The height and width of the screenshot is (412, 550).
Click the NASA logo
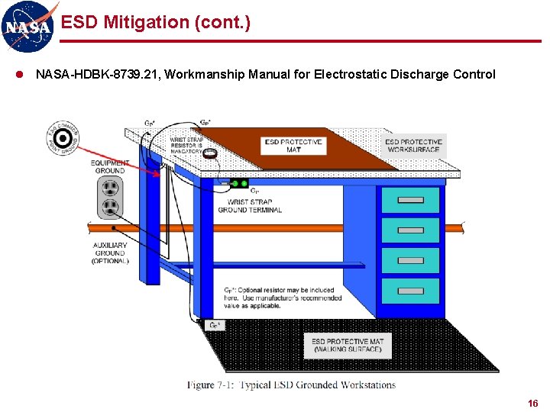(28, 26)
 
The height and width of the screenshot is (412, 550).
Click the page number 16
(532, 403)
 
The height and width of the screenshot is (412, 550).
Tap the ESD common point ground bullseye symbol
(64, 138)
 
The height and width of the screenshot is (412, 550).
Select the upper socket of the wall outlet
(110, 188)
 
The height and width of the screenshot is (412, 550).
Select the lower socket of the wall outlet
(110, 208)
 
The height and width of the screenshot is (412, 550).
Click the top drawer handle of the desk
(411, 201)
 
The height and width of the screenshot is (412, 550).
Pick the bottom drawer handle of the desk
(411, 290)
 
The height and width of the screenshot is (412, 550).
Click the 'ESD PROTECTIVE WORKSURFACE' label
(413, 145)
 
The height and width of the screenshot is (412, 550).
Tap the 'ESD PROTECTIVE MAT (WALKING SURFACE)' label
(348, 345)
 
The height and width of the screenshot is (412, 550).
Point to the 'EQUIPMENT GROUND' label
(110, 166)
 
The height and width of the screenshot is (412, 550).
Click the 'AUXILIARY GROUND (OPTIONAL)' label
(110, 253)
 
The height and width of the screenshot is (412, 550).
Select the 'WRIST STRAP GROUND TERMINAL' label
(250, 206)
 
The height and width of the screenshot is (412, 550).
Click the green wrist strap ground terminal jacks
(239, 183)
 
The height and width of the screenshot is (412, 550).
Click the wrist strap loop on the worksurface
(209, 153)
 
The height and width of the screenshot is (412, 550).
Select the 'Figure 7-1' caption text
(292, 385)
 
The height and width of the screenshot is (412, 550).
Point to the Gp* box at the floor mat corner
(216, 325)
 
